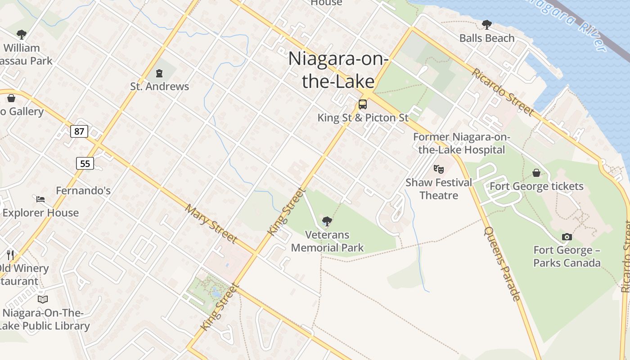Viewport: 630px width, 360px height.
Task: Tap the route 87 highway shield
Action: (x=79, y=131)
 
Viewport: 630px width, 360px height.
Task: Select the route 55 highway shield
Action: (x=85, y=163)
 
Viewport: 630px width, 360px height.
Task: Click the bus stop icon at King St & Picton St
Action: (x=363, y=104)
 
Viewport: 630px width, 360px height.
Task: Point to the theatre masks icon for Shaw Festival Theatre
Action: (x=439, y=169)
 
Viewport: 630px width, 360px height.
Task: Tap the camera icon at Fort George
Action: (x=567, y=237)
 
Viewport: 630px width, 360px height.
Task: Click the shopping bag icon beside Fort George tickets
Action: (x=536, y=173)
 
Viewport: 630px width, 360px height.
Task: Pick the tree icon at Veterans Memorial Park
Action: (x=327, y=221)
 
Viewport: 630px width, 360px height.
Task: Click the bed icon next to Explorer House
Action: (x=40, y=199)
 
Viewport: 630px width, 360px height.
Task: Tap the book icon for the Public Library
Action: (x=43, y=299)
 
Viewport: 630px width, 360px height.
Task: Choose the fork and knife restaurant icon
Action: (x=11, y=255)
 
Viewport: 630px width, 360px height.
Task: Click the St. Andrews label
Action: (x=160, y=86)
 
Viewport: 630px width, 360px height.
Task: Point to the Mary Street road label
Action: (x=211, y=223)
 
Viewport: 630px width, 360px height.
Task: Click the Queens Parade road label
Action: (x=502, y=263)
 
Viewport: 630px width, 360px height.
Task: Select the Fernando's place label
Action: (x=83, y=191)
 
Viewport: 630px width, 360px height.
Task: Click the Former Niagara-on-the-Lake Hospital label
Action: (x=461, y=144)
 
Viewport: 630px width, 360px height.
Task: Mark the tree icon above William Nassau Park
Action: (x=21, y=34)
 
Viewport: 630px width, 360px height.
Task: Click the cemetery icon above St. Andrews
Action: (x=159, y=72)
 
